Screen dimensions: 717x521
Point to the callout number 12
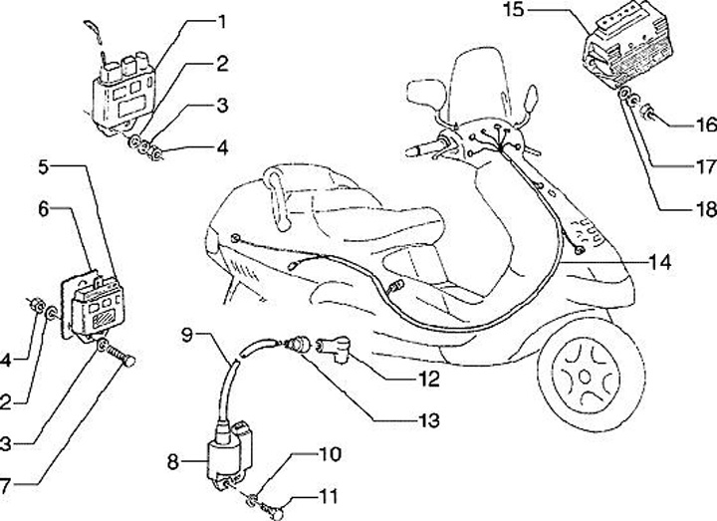point(428,379)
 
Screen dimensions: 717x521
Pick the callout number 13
point(428,421)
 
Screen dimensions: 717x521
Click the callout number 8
point(173,462)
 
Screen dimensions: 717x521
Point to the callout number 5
point(43,166)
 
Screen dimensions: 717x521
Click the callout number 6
point(43,208)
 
